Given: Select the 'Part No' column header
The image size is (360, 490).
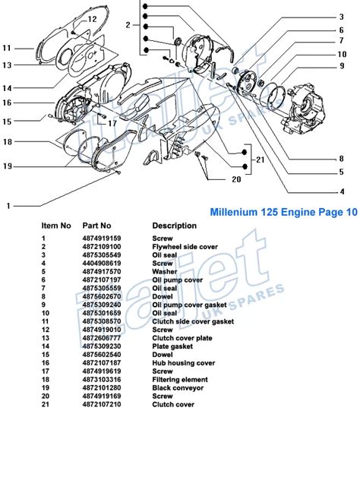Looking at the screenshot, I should point(97,226).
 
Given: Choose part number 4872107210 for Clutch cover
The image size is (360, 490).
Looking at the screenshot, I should point(102,405).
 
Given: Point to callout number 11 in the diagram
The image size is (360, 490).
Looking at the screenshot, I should point(8,47).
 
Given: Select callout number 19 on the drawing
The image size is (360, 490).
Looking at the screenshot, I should point(8,165).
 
